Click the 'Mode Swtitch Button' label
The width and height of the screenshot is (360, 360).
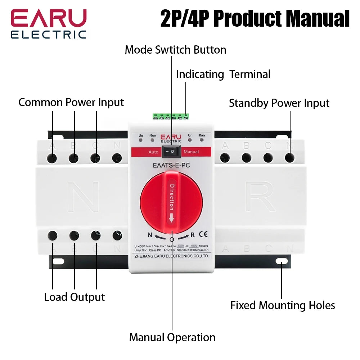point(175,50)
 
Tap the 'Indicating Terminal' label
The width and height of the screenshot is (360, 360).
point(223,75)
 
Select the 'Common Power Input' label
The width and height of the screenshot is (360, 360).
point(71,102)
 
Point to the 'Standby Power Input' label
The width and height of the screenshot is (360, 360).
point(279,103)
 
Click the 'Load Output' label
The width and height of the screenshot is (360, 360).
point(75,297)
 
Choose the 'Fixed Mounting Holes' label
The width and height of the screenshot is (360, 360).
point(283,305)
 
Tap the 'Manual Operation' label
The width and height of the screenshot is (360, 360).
point(172,337)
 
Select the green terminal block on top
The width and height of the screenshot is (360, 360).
point(171,117)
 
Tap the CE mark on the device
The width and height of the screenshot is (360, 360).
point(203,234)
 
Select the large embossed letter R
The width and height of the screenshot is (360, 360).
point(260,196)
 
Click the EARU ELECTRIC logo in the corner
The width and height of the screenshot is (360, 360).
point(49,23)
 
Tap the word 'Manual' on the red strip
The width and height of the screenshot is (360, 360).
point(191,152)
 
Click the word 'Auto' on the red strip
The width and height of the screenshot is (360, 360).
point(153,152)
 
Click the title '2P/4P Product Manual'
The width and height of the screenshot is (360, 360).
point(255,19)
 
